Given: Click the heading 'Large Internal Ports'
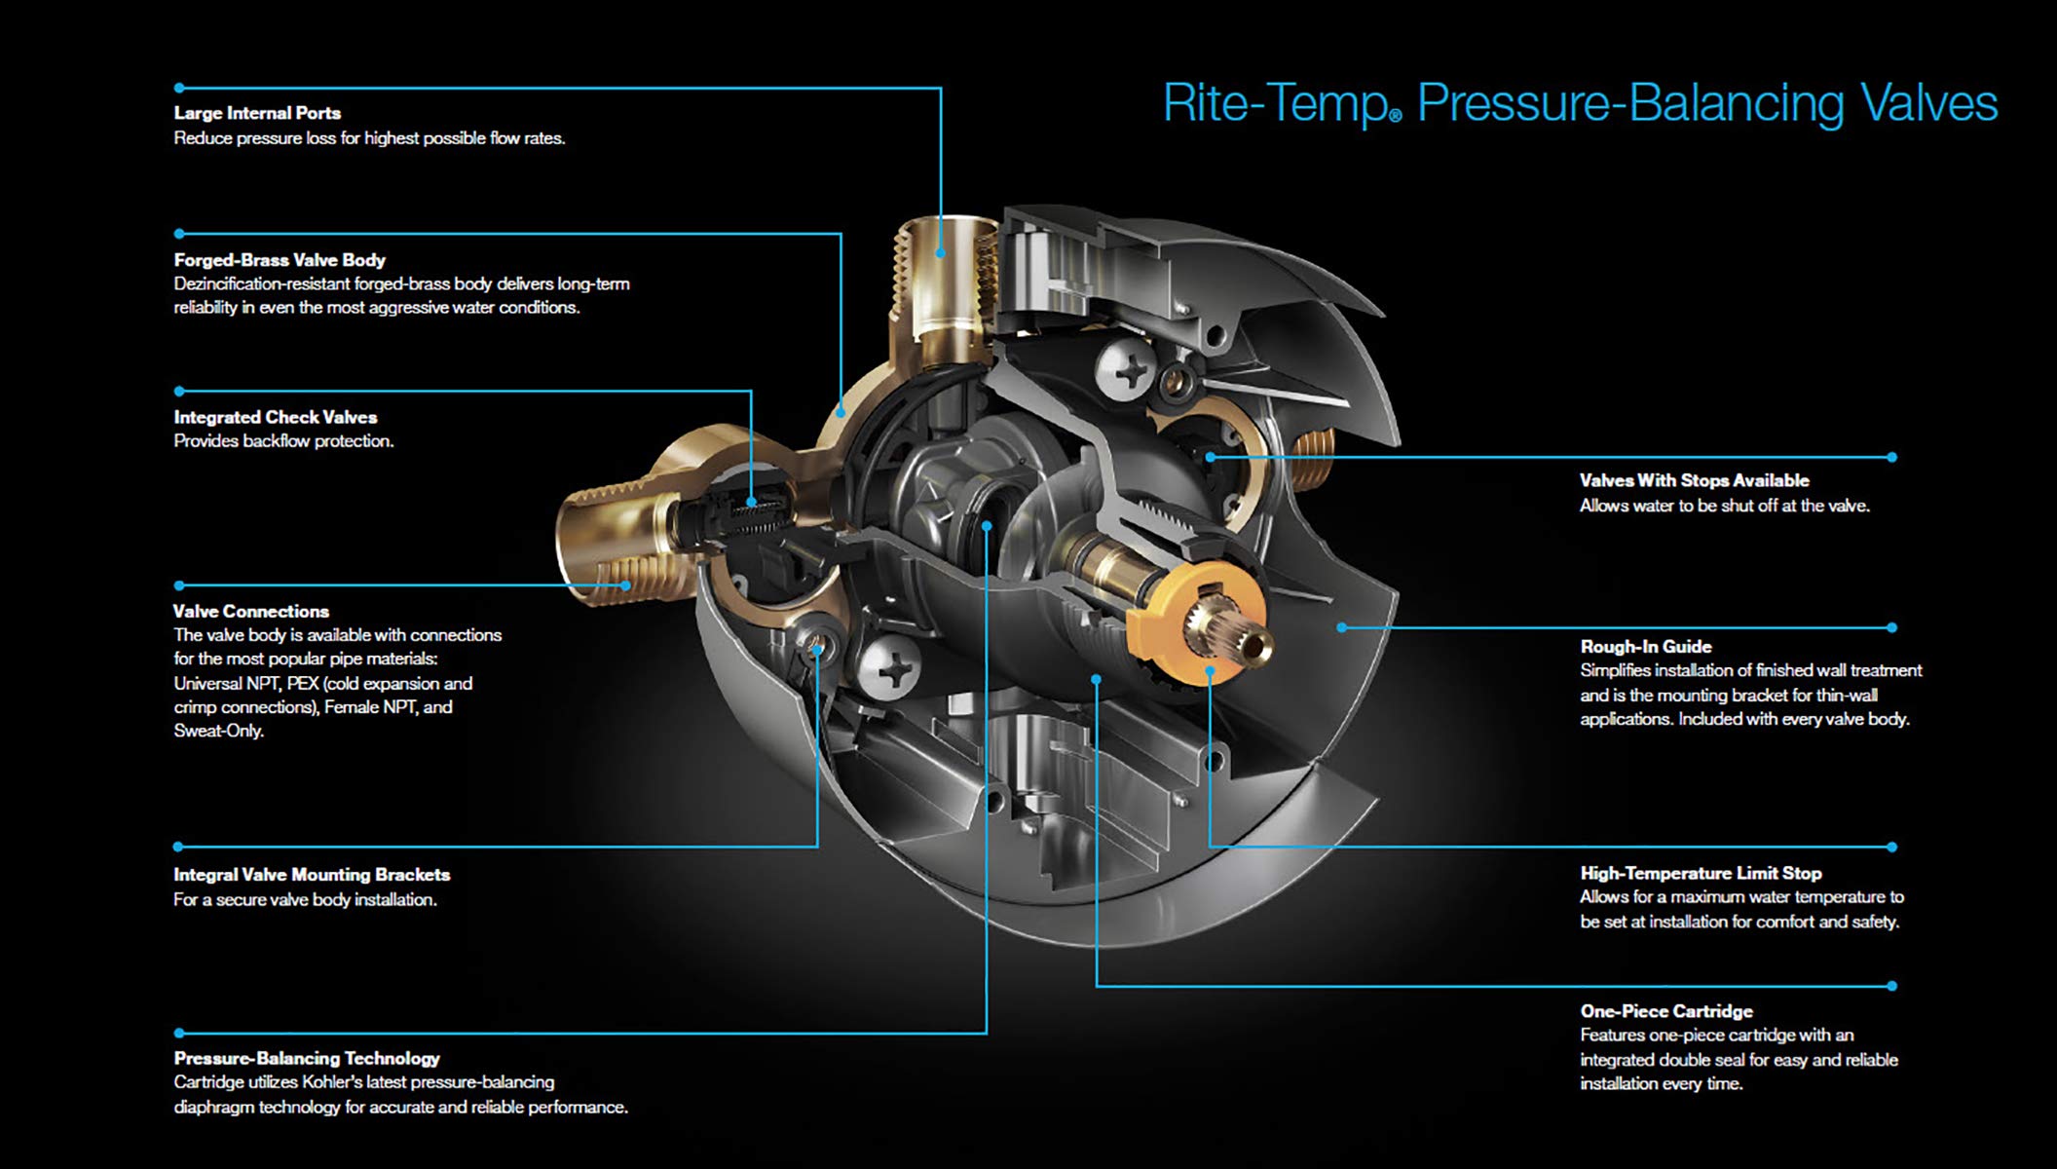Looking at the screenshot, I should [257, 113].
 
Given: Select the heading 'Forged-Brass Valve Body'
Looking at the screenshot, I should [280, 260].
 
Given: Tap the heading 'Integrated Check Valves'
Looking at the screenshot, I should [276, 417].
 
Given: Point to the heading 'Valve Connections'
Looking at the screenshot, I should [251, 612].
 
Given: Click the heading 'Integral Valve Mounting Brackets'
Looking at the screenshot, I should [312, 875].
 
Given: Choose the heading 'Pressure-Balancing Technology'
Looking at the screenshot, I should [307, 1058].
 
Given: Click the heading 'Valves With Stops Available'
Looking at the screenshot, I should [1694, 480].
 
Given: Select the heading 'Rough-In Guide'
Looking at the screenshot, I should [1645, 647].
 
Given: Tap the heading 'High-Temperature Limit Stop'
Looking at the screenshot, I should [1701, 874].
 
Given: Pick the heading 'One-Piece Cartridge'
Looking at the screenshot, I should [1665, 1011].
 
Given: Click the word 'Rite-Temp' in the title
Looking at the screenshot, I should [1276, 104].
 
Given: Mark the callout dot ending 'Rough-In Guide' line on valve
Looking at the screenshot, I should [1342, 627].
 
